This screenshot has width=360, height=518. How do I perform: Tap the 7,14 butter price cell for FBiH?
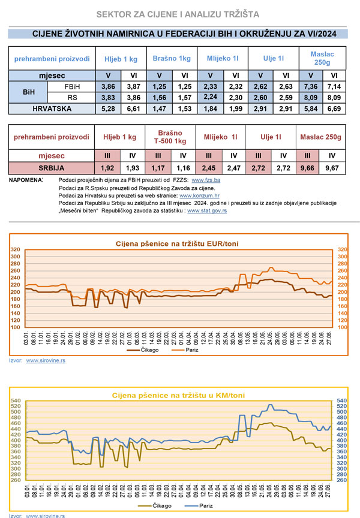334,87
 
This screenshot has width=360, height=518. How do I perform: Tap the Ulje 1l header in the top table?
273,58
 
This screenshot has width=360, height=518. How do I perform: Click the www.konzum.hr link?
199,195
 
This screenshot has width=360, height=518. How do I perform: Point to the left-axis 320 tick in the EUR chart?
16,249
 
